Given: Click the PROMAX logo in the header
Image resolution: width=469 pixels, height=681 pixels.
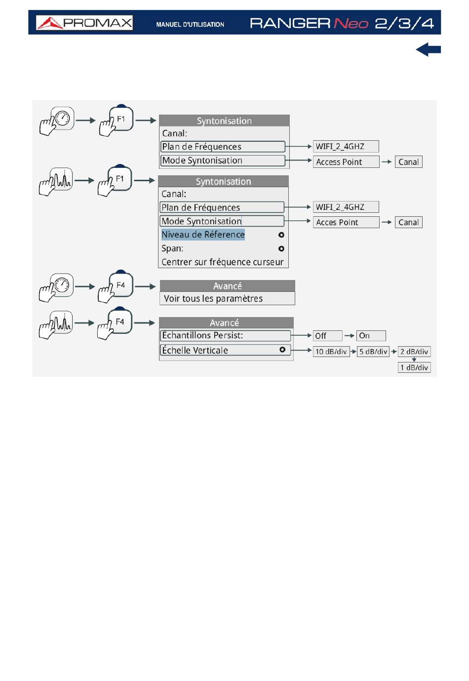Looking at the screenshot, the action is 84,23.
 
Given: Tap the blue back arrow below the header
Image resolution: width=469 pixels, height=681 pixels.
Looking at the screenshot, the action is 428,49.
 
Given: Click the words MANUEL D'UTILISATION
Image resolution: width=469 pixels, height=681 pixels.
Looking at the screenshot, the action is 190,25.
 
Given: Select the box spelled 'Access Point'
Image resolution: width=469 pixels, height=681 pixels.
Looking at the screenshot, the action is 346,162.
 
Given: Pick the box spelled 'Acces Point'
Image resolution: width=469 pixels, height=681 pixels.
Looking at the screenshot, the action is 346,222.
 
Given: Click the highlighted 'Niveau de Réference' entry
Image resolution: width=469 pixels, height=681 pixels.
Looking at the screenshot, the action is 203,235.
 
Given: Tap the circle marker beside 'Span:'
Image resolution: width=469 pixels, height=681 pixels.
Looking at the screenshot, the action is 281,249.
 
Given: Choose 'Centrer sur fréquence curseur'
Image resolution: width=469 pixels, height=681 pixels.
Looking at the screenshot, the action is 223,262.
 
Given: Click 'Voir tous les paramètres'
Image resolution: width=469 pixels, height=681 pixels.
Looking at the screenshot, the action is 213,299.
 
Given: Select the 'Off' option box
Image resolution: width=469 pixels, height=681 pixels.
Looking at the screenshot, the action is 327,336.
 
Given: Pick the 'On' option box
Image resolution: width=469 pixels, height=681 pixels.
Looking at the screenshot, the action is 371,336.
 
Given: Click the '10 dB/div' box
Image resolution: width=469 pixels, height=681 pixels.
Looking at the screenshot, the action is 331,352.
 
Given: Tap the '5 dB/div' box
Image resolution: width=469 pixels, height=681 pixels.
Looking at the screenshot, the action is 373,352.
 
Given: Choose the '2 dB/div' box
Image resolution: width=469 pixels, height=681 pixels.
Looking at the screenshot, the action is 414,352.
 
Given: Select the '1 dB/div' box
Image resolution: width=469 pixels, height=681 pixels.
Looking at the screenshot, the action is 414,367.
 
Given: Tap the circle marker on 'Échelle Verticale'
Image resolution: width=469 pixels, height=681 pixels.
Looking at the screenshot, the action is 282,350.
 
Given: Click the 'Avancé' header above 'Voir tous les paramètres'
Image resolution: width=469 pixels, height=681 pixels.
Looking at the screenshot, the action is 228,286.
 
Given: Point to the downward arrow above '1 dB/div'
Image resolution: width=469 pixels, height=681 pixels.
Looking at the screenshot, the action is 414,360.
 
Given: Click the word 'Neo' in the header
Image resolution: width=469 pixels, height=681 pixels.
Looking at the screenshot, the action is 351,23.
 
